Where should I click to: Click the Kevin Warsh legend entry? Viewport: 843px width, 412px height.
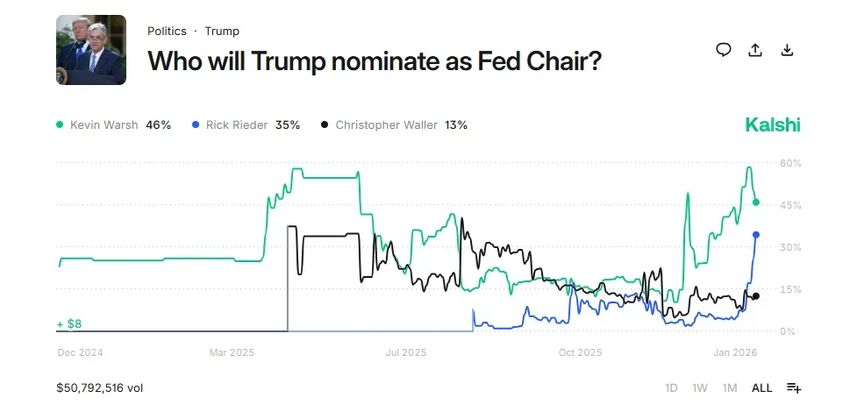(113, 124)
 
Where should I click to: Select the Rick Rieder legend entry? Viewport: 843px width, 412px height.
(246, 124)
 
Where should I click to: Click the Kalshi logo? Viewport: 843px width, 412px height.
(772, 124)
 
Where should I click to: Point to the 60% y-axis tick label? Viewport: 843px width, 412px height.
(790, 163)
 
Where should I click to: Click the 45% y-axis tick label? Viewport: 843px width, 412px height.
(790, 205)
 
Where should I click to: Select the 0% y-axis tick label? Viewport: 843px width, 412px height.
(789, 331)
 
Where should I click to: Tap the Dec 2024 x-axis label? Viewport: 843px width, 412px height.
(80, 352)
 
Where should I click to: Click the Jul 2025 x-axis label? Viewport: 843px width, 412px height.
(405, 352)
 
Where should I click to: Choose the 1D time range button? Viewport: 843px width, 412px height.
(671, 387)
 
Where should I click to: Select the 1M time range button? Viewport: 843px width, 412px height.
(729, 387)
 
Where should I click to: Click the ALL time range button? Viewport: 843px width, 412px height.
(761, 387)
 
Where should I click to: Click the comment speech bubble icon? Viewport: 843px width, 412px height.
(724, 50)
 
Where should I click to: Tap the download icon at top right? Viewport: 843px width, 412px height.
(787, 50)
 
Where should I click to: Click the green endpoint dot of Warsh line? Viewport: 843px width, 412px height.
(756, 202)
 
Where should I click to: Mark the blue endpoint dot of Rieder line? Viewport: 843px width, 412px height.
(756, 234)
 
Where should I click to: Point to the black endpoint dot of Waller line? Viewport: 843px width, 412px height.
(756, 296)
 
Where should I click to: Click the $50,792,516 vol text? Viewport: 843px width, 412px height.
(99, 387)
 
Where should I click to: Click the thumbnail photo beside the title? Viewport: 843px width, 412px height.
(91, 50)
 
